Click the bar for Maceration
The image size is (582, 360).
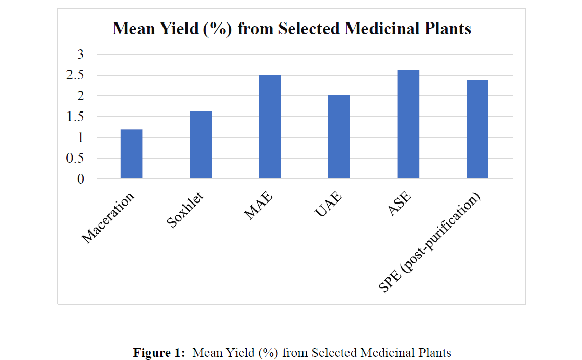131,154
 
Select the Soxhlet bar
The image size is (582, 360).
200,145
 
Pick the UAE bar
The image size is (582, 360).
339,137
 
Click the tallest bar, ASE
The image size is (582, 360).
408,124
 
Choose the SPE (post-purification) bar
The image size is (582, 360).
477,129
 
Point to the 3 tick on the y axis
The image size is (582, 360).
80,54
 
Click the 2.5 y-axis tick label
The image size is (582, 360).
75,75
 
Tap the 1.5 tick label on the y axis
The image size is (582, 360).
75,117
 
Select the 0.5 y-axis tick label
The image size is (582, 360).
75,159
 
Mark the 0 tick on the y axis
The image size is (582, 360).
80,179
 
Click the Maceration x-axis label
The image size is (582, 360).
108,218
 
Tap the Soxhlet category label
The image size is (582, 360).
185,210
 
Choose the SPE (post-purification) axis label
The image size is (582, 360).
430,243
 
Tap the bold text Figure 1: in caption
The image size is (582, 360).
159,353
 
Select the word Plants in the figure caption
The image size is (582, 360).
434,353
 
